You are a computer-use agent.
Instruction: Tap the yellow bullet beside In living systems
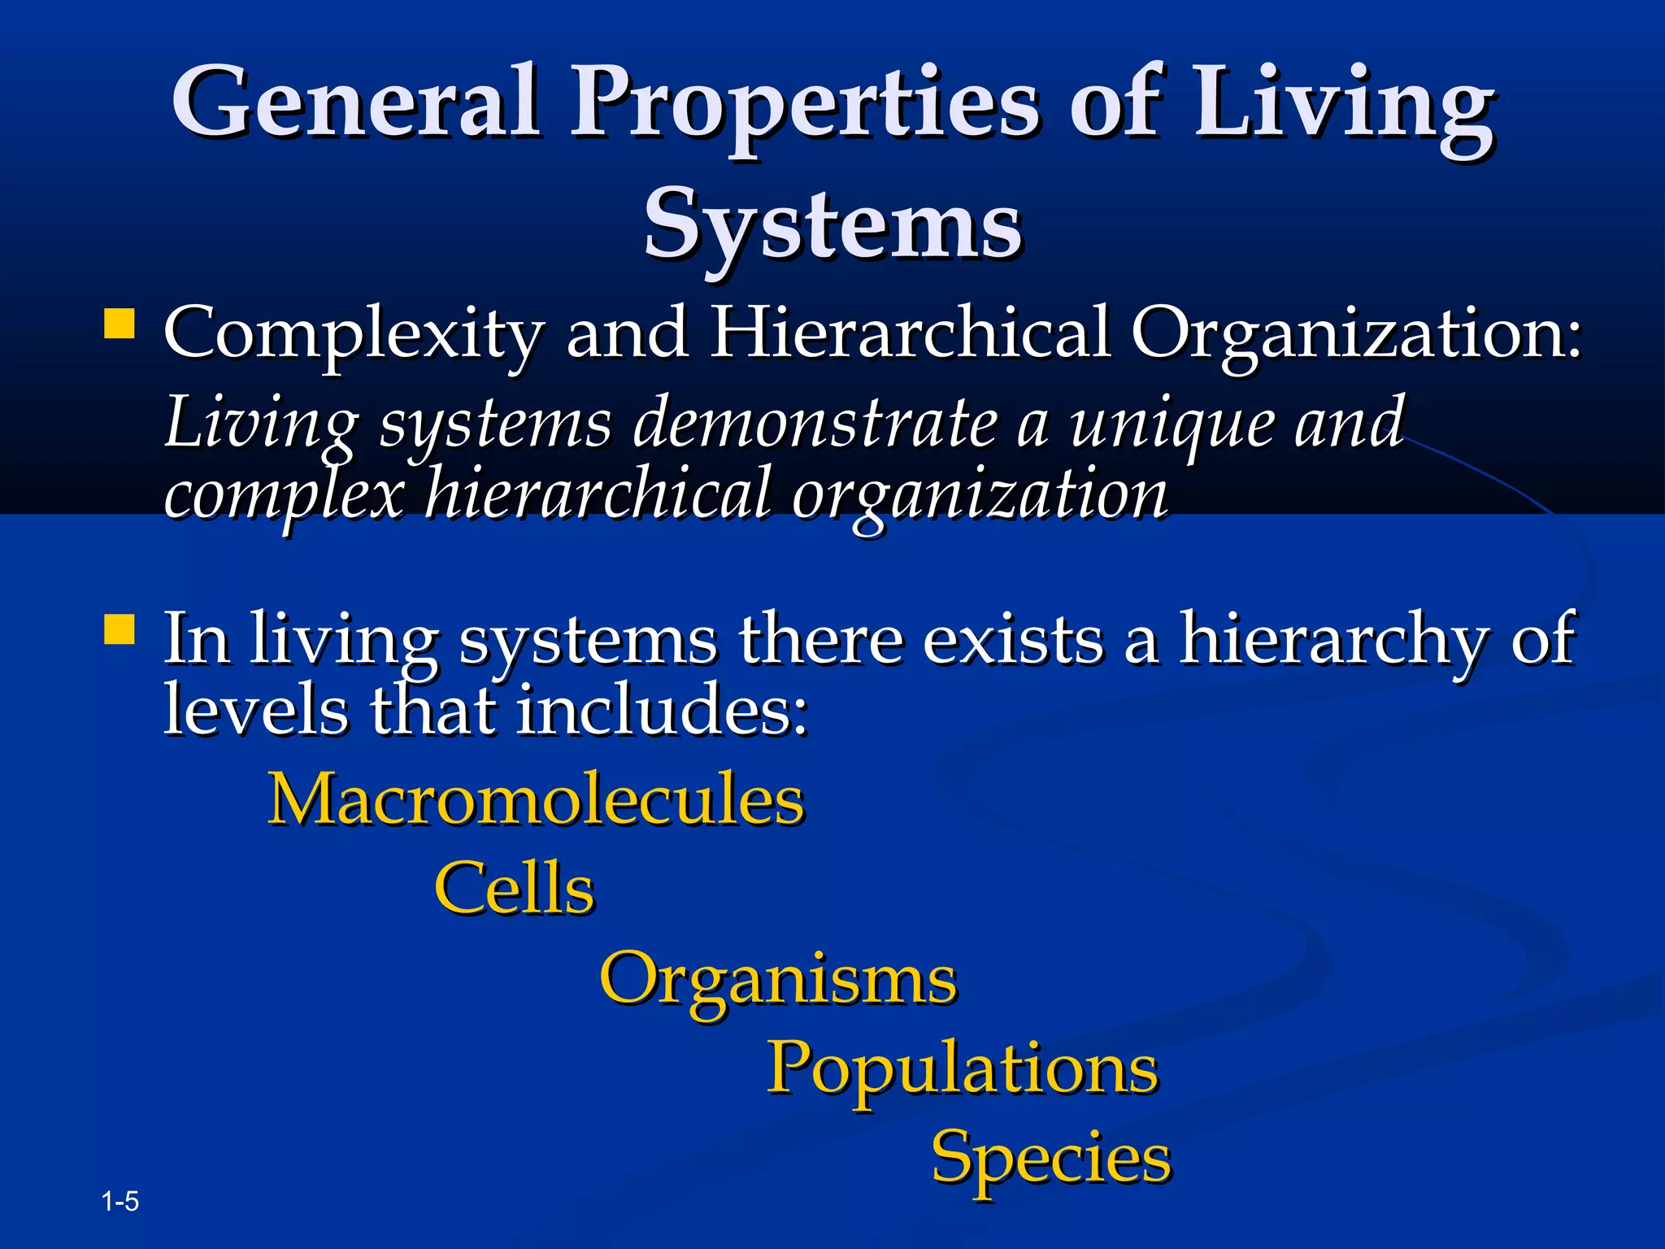click(x=120, y=629)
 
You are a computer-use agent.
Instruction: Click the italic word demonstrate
click(x=814, y=423)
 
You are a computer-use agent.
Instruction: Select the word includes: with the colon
click(x=663, y=708)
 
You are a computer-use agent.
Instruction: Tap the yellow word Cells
click(x=515, y=888)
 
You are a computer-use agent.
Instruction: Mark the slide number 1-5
click(x=120, y=1201)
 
